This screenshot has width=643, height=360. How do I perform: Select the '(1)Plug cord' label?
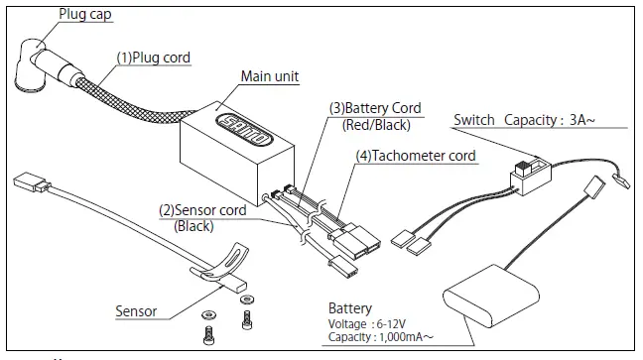tap(154, 58)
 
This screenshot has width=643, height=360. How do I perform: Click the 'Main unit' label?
tap(270, 76)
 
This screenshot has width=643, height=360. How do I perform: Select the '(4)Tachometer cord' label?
tap(417, 156)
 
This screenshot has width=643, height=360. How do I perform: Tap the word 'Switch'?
tap(474, 121)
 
